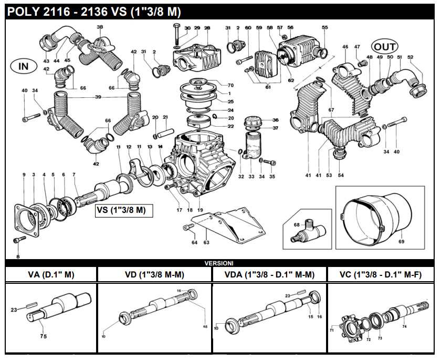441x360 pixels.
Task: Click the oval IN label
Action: click(24, 66)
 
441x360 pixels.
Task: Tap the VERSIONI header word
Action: click(219, 262)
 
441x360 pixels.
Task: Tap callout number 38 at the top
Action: click(100, 27)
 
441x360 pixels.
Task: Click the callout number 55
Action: click(324, 27)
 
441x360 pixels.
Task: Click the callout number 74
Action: click(404, 326)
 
